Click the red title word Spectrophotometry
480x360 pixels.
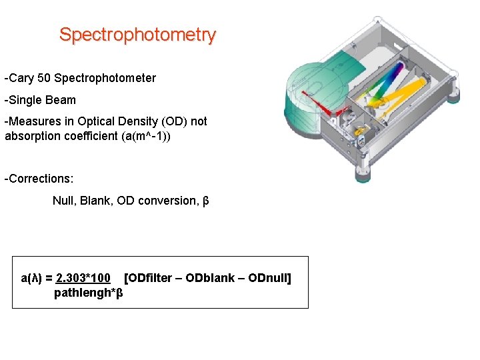[x=137, y=35]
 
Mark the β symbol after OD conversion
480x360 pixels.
[x=205, y=201]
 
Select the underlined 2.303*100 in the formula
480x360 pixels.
[x=83, y=278]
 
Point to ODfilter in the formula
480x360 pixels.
[x=152, y=278]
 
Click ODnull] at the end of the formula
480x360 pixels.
[x=269, y=278]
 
